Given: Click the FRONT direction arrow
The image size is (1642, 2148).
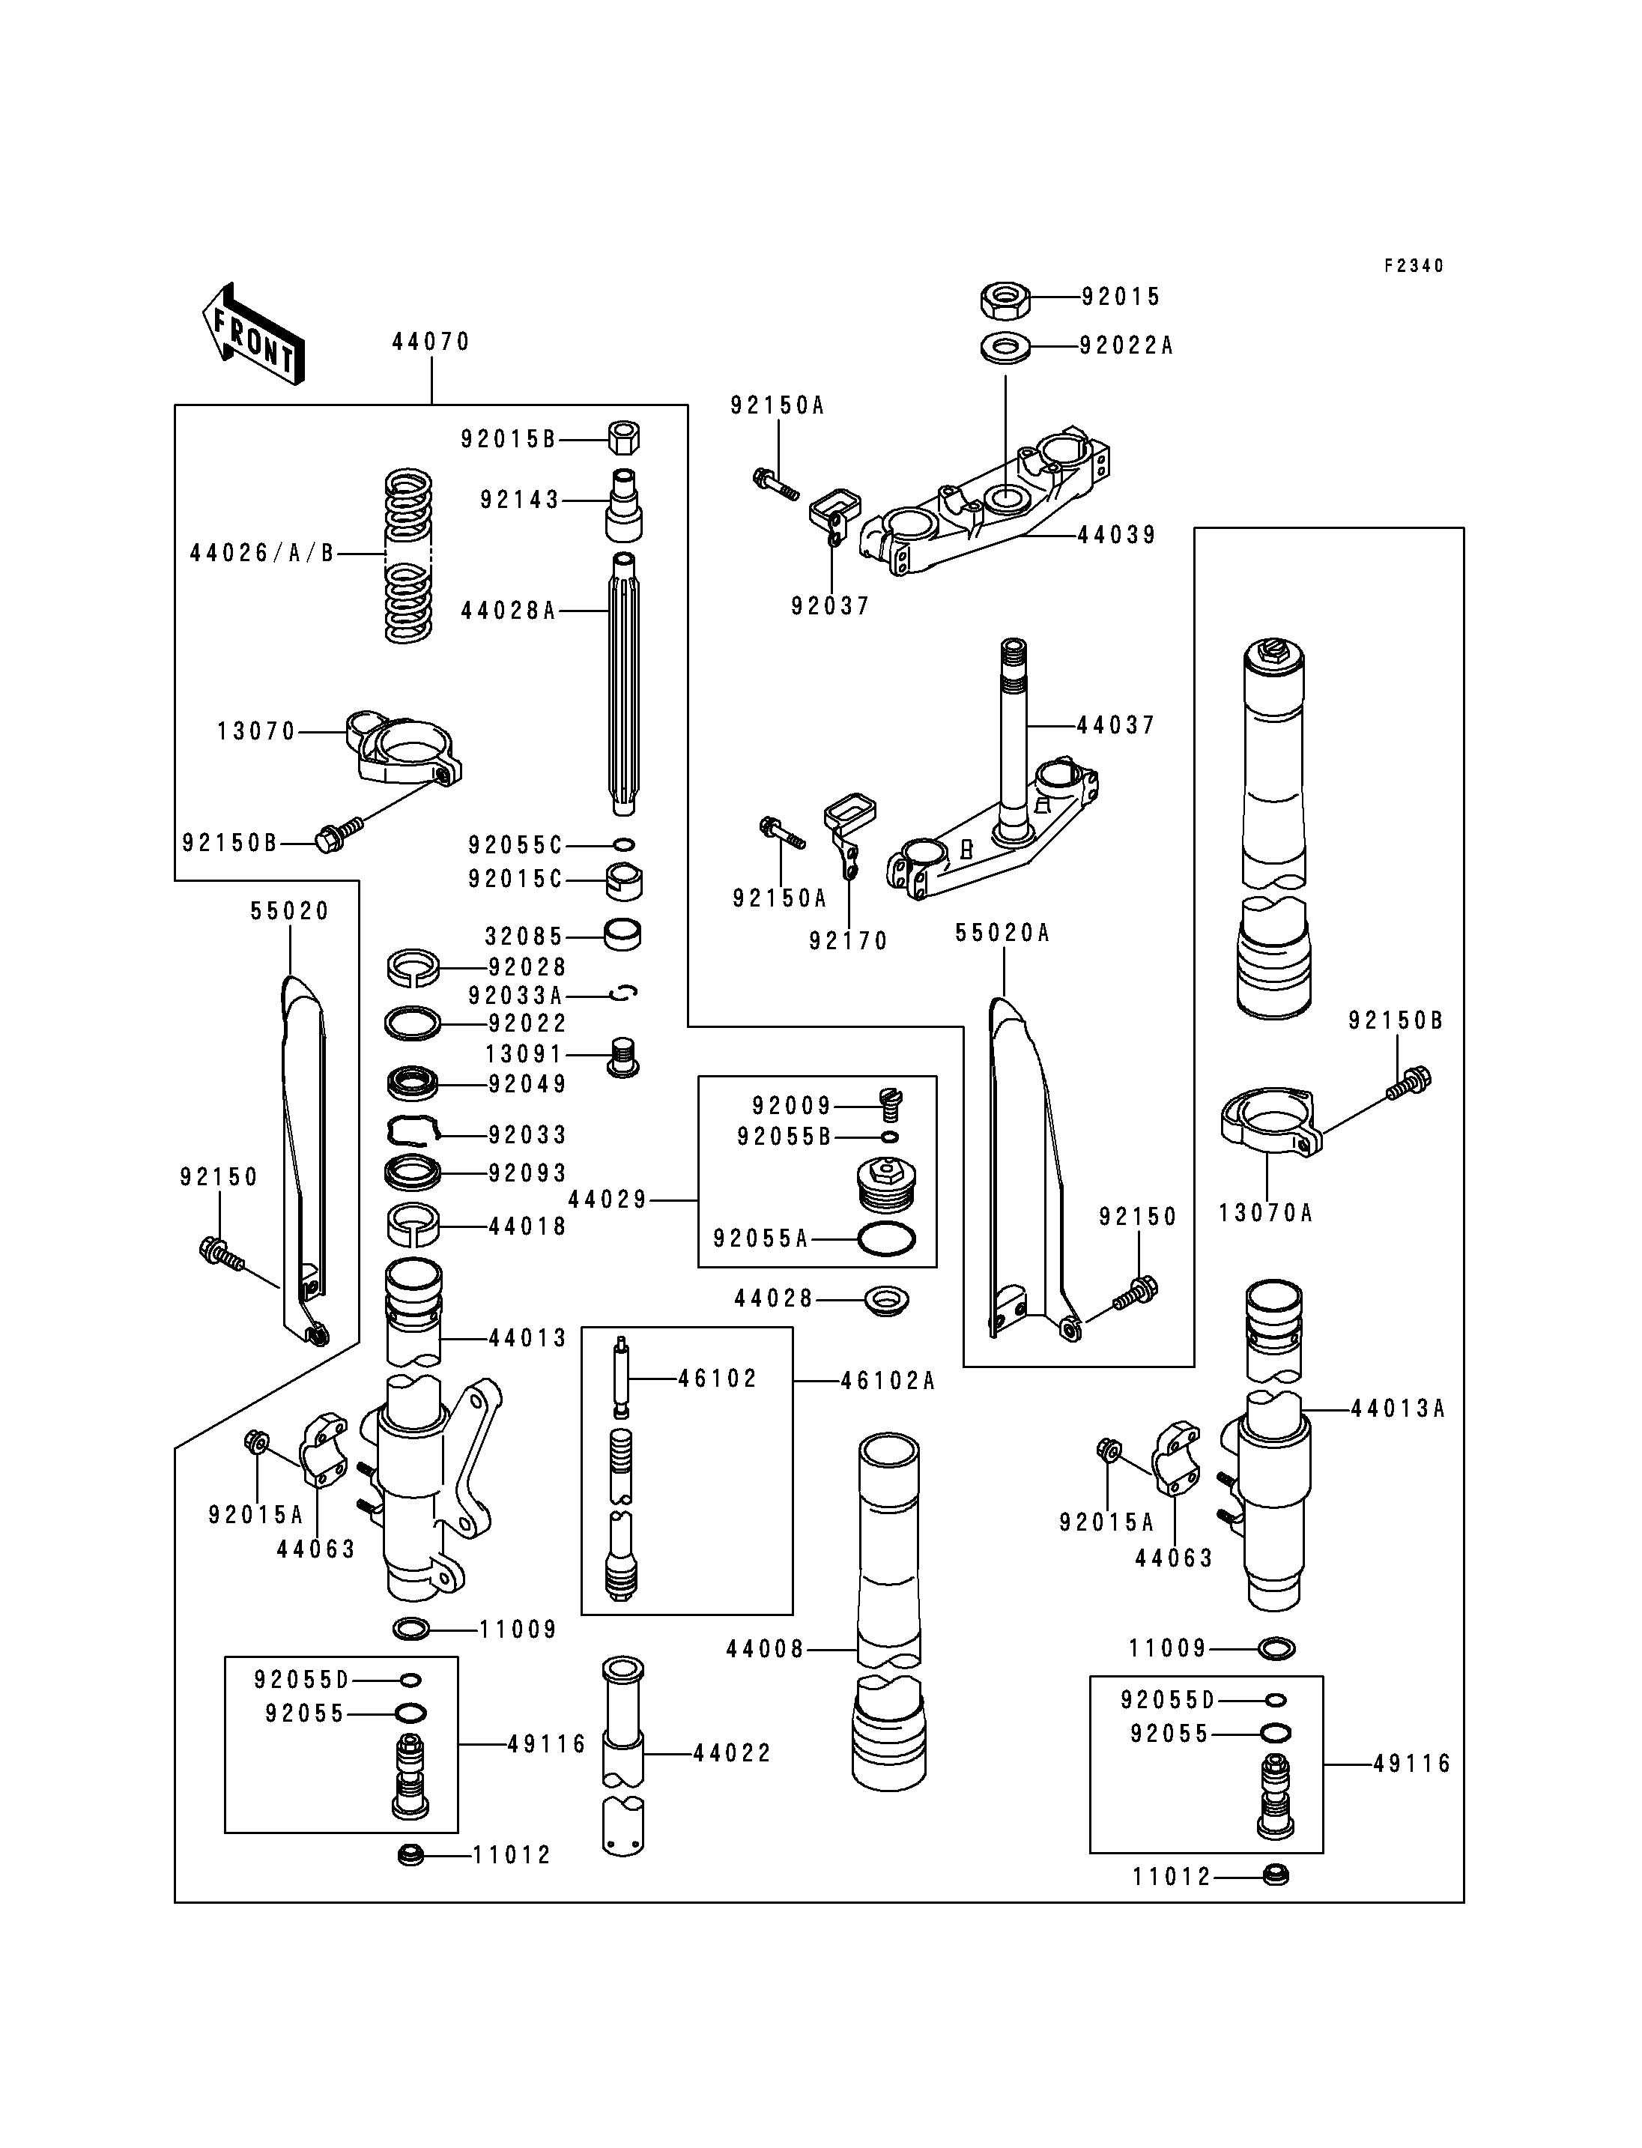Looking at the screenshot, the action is click(x=252, y=333).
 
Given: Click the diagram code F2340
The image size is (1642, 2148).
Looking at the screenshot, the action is click(x=1414, y=266).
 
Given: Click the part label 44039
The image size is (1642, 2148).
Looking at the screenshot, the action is click(x=1117, y=535).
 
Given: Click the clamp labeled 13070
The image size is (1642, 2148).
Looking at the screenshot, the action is click(x=403, y=750).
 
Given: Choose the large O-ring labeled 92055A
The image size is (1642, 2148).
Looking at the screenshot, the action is click(x=886, y=1238).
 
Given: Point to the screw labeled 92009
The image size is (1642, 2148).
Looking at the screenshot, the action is click(x=889, y=1103).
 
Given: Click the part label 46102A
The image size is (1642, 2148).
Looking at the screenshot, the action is click(x=888, y=1381).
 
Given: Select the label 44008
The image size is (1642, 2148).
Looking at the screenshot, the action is click(x=766, y=1649).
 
